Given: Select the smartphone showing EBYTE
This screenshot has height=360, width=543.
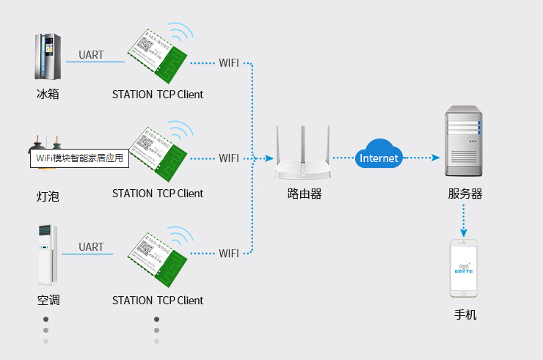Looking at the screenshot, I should [x=463, y=268].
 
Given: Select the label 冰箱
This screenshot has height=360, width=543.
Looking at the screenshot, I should [x=48, y=95].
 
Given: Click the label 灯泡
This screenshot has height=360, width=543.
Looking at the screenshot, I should [x=48, y=196].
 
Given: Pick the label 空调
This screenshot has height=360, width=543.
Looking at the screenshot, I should [x=48, y=301].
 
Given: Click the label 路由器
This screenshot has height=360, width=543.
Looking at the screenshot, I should [x=304, y=194].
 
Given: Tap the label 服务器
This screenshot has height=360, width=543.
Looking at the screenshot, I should [x=465, y=194].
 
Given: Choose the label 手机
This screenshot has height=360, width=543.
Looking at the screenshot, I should [x=465, y=315].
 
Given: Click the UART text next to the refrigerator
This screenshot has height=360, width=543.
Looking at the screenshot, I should [x=91, y=54].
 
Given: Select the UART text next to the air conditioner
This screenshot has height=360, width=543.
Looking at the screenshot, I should [x=91, y=247].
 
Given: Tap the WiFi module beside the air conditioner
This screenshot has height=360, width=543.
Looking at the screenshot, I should [x=157, y=257].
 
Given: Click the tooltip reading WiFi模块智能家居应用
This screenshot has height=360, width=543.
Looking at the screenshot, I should [x=79, y=158].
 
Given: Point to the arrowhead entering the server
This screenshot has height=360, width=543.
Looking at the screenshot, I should [x=436, y=158].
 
